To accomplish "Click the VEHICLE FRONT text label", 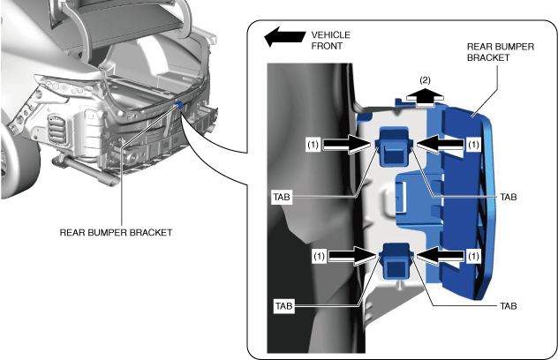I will pyautogui.click(x=331, y=40).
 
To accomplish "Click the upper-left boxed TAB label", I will pyautogui.click(x=283, y=196).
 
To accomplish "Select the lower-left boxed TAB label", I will pyautogui.click(x=283, y=306).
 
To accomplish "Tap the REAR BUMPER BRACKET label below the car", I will pyautogui.click(x=116, y=233).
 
